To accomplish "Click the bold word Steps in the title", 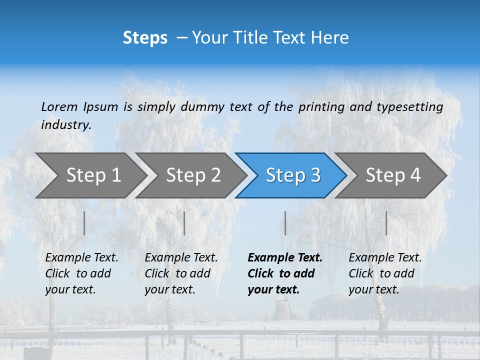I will pyautogui.click(x=145, y=38).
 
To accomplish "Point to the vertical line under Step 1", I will pyautogui.click(x=84, y=223).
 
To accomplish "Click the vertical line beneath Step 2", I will pyautogui.click(x=184, y=223).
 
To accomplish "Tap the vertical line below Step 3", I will pyautogui.click(x=285, y=223).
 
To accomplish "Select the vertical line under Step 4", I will pyautogui.click(x=386, y=223).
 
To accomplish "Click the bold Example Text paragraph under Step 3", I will pyautogui.click(x=285, y=273).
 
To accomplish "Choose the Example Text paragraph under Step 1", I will pyautogui.click(x=81, y=273).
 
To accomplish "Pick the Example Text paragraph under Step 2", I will pyautogui.click(x=181, y=273).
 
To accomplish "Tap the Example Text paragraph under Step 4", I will pyautogui.click(x=385, y=273).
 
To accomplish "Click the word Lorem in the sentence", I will pyautogui.click(x=59, y=106).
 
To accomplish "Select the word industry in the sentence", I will pyautogui.click(x=66, y=125).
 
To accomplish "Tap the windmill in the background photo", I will pyautogui.click(x=281, y=307).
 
